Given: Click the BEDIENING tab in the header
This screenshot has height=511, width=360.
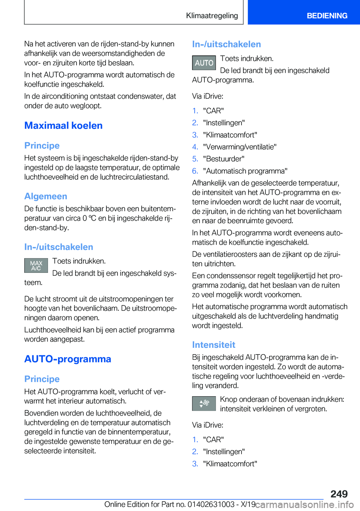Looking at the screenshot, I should click(x=327, y=16).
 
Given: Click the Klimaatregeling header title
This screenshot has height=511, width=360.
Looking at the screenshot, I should click(x=212, y=16).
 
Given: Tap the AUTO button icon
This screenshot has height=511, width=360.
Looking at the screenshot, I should click(x=204, y=63).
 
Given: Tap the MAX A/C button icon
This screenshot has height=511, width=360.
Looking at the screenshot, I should click(x=36, y=266).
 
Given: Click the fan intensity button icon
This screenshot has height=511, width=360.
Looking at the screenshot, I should click(x=204, y=403).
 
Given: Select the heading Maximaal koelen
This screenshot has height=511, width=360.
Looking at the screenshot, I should click(x=63, y=126).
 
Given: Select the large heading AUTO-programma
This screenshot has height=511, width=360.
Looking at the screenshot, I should click(x=67, y=359).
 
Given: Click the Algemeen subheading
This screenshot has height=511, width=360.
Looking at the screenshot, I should click(x=46, y=196).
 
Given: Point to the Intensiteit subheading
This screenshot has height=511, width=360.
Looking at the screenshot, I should click(x=213, y=345).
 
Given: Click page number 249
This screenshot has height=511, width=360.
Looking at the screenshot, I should click(x=339, y=494).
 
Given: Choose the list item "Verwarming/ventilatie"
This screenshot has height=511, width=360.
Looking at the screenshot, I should click(x=240, y=147).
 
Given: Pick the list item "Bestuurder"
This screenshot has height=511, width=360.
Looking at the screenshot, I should click(x=223, y=159).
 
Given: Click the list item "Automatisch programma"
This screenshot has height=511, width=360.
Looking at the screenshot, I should click(x=245, y=171).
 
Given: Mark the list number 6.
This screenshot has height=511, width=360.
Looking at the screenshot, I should click(x=195, y=171).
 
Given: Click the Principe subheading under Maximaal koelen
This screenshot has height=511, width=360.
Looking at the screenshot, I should click(x=42, y=146).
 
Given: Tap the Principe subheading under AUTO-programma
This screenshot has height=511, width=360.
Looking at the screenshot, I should click(x=42, y=379).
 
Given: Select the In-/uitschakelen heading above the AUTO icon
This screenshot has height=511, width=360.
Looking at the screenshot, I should click(x=226, y=44).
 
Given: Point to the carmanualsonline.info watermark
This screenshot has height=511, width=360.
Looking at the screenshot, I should click(x=304, y=505).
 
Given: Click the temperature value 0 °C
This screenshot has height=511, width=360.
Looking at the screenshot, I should click(x=89, y=218).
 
